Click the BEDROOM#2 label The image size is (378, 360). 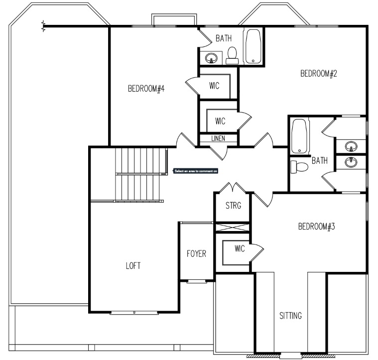point(319,74)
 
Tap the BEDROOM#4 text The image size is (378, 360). point(146,89)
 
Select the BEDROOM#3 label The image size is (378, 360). point(316,227)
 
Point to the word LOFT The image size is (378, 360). point(133,266)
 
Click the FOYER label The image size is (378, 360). point(196,253)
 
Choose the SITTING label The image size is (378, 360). point(290,316)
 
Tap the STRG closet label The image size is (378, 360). point(233,206)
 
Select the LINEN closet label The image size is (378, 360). point(218,138)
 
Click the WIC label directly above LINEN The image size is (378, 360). point(221,120)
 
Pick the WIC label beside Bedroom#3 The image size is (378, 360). point(240,249)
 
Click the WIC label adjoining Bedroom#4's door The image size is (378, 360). point(215,85)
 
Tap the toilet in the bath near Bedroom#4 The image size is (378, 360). point(232,55)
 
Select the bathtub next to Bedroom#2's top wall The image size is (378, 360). point(253,46)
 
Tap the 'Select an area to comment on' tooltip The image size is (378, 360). point(196,171)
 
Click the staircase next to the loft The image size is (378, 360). point(140,174)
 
